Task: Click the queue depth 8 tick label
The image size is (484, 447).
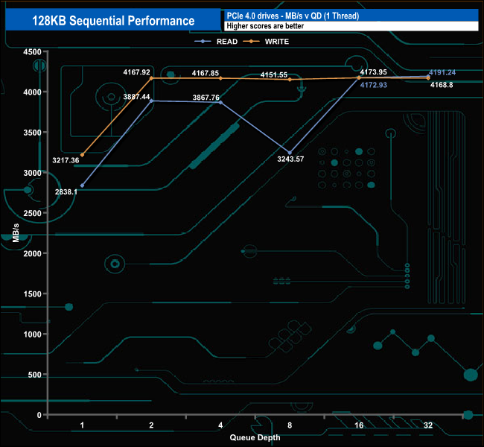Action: pos(290,425)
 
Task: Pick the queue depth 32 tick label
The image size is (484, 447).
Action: pos(428,425)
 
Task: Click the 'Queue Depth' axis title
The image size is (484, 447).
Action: pos(255,437)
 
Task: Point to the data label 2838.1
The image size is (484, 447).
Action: pos(66,191)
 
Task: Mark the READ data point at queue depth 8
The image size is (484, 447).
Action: pos(290,153)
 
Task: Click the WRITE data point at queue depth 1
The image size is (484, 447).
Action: pos(83,155)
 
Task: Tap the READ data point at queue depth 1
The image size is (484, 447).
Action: pos(83,186)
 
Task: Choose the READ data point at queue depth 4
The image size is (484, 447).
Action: pos(220,102)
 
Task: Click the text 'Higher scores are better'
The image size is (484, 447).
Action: pos(264,26)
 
